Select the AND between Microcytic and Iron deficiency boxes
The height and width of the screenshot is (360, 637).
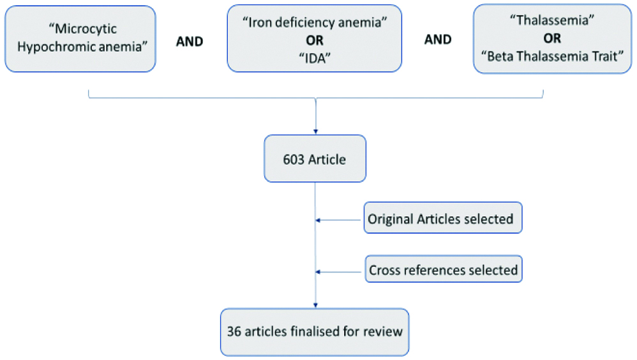click(189, 40)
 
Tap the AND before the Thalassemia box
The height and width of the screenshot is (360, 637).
click(438, 40)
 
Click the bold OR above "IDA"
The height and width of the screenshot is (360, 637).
click(314, 39)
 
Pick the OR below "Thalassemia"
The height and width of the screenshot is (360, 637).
click(553, 39)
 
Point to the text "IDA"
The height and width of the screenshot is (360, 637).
click(314, 55)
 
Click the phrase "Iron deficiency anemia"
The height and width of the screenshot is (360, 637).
click(314, 23)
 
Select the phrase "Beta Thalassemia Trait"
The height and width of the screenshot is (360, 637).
click(553, 55)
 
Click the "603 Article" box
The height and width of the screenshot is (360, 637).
click(315, 159)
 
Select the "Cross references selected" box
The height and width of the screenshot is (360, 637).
click(443, 270)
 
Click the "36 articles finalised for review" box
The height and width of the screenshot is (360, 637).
click(315, 332)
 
